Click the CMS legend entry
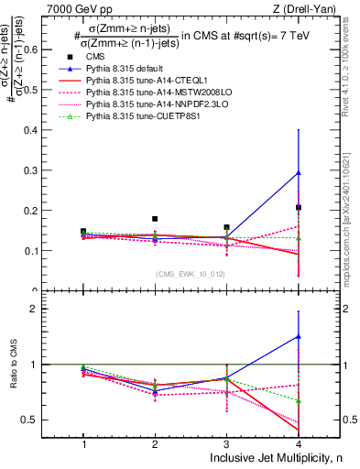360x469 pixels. [108, 57]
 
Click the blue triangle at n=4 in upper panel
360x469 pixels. [299, 172]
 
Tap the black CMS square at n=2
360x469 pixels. [155, 219]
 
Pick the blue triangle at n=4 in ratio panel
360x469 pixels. [299, 336]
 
